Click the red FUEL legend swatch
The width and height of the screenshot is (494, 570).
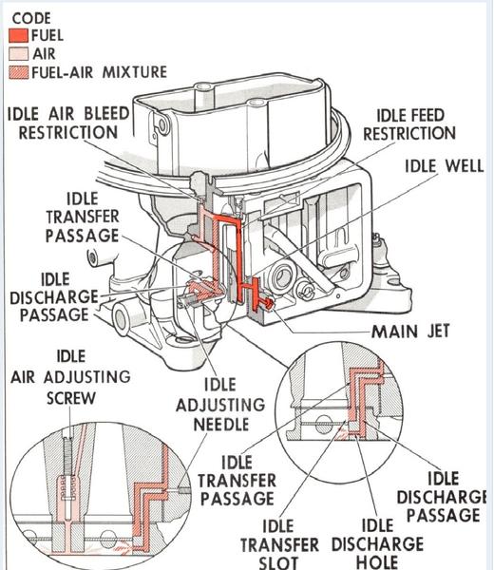tap(18, 36)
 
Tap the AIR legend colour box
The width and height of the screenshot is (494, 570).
tap(18, 55)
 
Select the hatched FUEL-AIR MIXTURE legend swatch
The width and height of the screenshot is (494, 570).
tap(18, 73)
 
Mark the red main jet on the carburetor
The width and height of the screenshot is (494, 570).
tap(269, 303)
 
